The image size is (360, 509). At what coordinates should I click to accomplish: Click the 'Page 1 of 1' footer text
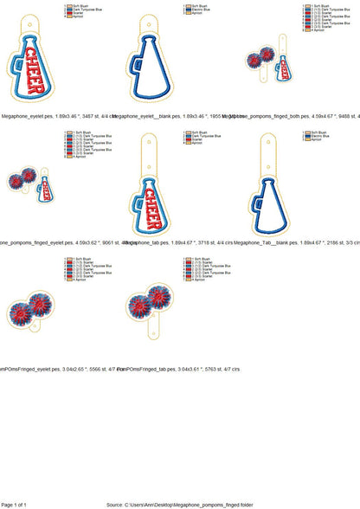point(15,504)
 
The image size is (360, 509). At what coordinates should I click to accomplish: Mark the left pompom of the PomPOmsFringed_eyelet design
point(22,312)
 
